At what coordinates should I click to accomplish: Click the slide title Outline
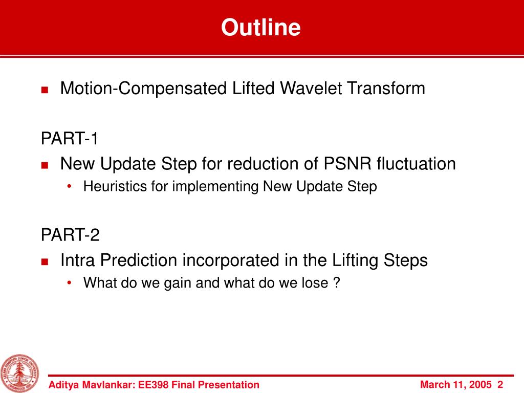(260, 27)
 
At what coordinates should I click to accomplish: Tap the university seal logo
(19, 373)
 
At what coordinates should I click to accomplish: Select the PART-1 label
(70, 138)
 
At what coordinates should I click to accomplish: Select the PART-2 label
(70, 234)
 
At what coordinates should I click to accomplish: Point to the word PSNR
(347, 164)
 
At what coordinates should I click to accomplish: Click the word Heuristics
(115, 186)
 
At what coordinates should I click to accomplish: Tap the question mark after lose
(337, 282)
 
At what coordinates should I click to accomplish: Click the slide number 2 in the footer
(500, 385)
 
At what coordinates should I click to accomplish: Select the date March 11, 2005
(456, 385)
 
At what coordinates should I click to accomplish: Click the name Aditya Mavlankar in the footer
(92, 385)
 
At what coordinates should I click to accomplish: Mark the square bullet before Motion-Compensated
(45, 90)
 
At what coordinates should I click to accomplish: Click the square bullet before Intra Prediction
(45, 261)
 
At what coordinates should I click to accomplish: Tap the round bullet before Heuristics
(69, 186)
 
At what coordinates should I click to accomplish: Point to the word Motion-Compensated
(143, 89)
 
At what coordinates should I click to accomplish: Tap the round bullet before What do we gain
(69, 283)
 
